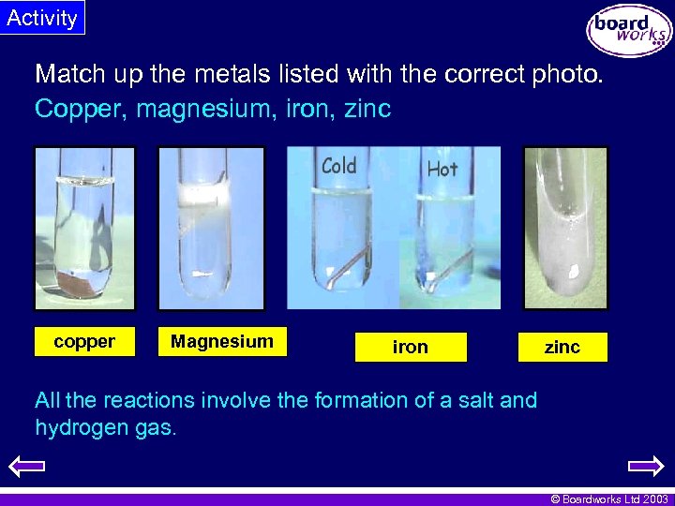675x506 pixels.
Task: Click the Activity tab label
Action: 42,18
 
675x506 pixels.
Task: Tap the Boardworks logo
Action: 629,31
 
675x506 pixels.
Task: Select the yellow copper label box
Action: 84,342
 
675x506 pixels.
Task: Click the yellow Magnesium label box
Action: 222,342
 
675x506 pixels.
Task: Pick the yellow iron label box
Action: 410,347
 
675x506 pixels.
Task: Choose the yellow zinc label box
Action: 562,347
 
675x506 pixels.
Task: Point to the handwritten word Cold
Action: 338,167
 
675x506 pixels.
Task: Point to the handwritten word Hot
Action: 442,169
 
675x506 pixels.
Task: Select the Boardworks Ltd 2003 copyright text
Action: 608,499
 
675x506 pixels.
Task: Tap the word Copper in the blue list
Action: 80,110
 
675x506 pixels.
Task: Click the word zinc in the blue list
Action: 367,110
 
